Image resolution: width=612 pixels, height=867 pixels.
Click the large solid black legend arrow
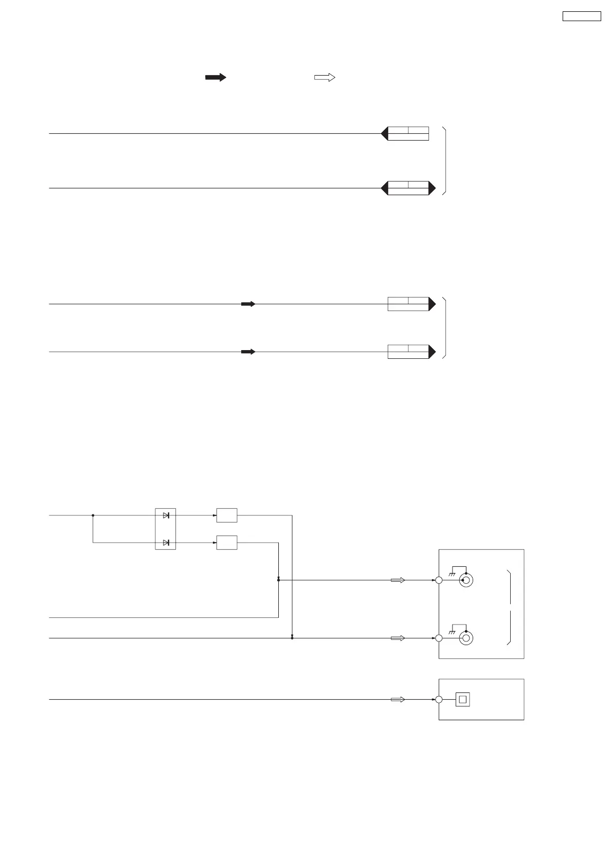tap(215, 77)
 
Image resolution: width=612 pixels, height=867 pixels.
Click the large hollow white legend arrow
tap(325, 77)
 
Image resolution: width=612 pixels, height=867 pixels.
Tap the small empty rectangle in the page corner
tap(581, 16)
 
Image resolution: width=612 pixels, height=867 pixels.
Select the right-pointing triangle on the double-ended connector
tap(432, 188)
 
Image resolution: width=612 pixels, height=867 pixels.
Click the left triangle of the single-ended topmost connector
tap(384, 134)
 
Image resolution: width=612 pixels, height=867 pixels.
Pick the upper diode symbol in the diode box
tap(166, 515)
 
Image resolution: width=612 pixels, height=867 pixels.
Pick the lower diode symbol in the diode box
tap(166, 543)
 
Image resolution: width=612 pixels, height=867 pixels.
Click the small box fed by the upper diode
tap(227, 515)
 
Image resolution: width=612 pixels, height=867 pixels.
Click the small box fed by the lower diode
tap(227, 543)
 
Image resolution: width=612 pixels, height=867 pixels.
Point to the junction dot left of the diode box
tap(93, 515)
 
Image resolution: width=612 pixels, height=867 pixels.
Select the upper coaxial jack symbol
tap(466, 580)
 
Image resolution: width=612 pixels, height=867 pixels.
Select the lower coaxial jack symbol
tap(466, 638)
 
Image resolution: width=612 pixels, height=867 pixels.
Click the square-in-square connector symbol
tap(463, 700)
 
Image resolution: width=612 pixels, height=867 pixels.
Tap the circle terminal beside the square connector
tap(439, 700)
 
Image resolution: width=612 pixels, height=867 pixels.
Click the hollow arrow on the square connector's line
tap(398, 700)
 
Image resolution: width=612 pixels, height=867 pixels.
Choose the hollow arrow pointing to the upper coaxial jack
tap(398, 580)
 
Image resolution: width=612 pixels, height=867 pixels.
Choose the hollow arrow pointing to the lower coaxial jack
tap(398, 638)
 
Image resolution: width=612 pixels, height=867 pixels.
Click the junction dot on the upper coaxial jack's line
tap(278, 580)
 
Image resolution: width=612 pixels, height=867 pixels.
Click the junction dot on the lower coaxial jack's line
tap(292, 638)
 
